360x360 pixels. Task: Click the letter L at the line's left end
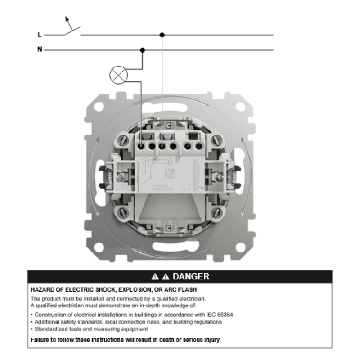[40, 35]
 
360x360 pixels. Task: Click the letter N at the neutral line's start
[40, 49]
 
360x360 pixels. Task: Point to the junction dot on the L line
[162, 35]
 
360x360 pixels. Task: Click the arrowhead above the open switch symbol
[67, 19]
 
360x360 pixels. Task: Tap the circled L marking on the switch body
[170, 161]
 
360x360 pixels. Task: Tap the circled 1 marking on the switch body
[145, 161]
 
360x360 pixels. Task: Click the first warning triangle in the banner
[154, 276]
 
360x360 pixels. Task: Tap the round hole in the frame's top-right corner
[241, 107]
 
